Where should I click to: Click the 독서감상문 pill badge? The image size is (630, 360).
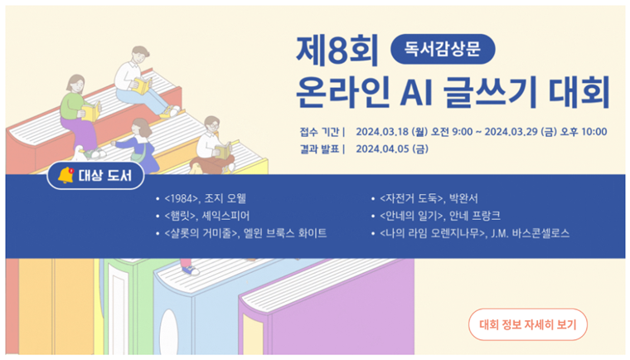pos(443,49)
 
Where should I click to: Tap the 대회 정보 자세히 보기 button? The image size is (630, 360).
pos(527,324)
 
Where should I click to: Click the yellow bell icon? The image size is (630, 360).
pos(65,175)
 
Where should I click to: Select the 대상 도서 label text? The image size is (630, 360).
pos(105,176)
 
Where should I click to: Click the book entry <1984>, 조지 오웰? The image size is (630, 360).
pos(205,198)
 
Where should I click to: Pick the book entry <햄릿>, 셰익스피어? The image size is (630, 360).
pos(207,216)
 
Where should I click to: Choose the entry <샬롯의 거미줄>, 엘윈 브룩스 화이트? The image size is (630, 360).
pos(245,233)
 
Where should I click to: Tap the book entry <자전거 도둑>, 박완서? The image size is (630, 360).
pos(429,198)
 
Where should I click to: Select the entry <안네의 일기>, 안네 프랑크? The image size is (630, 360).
pos(440,216)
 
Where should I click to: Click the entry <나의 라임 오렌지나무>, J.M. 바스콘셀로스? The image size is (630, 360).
pos(474,233)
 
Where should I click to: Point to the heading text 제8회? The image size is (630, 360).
pos(337,51)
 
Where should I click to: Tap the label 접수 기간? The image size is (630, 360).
pos(319,132)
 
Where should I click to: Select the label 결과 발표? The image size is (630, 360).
pos(319,149)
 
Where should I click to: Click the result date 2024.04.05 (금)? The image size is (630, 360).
pos(392,149)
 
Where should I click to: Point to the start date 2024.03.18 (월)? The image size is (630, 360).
pos(392,132)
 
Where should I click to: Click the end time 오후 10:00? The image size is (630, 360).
pos(584,132)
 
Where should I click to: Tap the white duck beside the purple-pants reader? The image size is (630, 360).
pos(79,153)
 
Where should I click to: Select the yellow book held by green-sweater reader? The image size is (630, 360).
pos(91,111)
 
